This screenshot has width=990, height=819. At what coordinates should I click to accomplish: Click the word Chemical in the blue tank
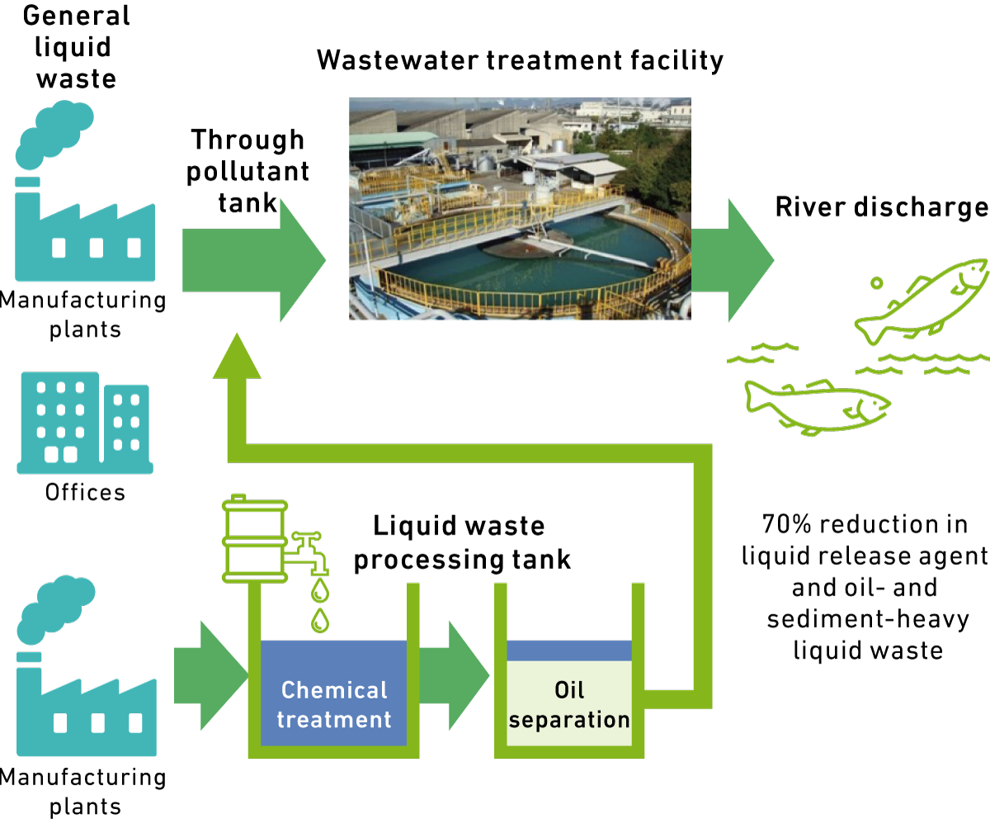[334, 690]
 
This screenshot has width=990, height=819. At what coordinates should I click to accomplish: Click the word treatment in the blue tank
[334, 720]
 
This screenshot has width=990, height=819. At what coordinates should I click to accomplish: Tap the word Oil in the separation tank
[569, 690]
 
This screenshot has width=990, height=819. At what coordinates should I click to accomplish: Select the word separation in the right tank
[569, 720]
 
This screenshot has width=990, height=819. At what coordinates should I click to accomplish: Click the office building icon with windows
[84, 423]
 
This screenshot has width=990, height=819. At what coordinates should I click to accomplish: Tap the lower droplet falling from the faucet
[320, 620]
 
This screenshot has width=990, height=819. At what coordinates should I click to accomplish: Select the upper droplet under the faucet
[320, 590]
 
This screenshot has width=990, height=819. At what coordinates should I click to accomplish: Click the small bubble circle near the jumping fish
[876, 283]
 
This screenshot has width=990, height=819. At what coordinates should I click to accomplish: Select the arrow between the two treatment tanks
[453, 675]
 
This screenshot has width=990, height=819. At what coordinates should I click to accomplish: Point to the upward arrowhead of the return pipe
[237, 357]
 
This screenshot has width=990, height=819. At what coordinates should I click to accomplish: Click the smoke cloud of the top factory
[53, 132]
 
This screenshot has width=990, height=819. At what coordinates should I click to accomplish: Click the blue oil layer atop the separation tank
[569, 651]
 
